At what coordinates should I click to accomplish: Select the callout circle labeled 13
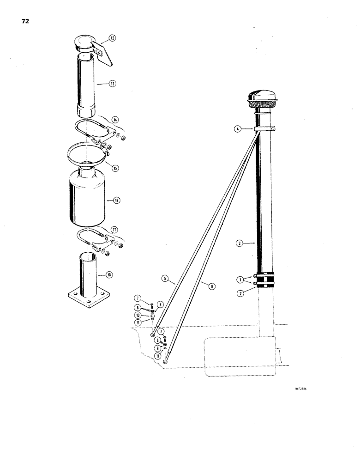click(x=112, y=84)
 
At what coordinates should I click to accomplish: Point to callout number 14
click(x=114, y=120)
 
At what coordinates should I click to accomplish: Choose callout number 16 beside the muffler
click(x=116, y=201)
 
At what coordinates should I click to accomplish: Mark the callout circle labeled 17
click(x=114, y=230)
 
